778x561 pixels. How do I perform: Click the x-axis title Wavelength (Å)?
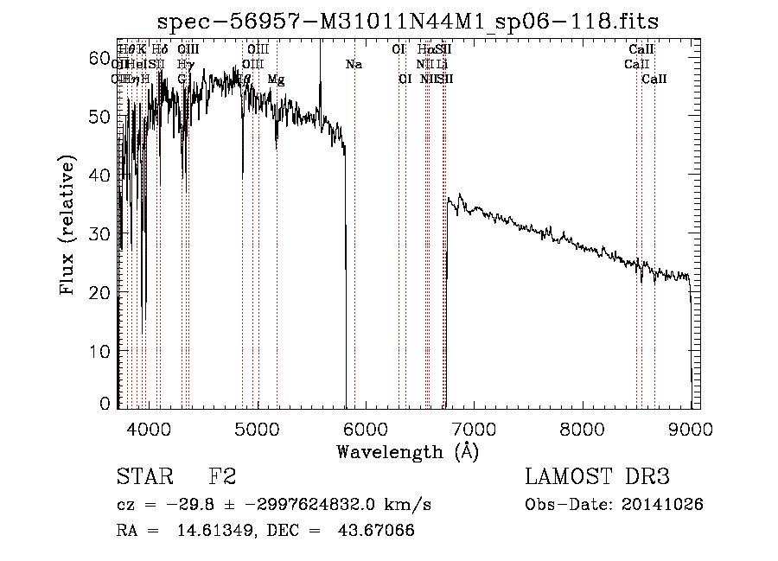point(407,452)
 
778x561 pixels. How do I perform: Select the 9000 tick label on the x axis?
point(691,428)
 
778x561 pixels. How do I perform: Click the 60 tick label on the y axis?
point(102,57)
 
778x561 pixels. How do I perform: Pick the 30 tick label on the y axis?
point(102,233)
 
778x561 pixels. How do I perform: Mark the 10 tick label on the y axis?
point(102,351)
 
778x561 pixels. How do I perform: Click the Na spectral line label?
point(354,65)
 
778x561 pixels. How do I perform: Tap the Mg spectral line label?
point(276,80)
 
